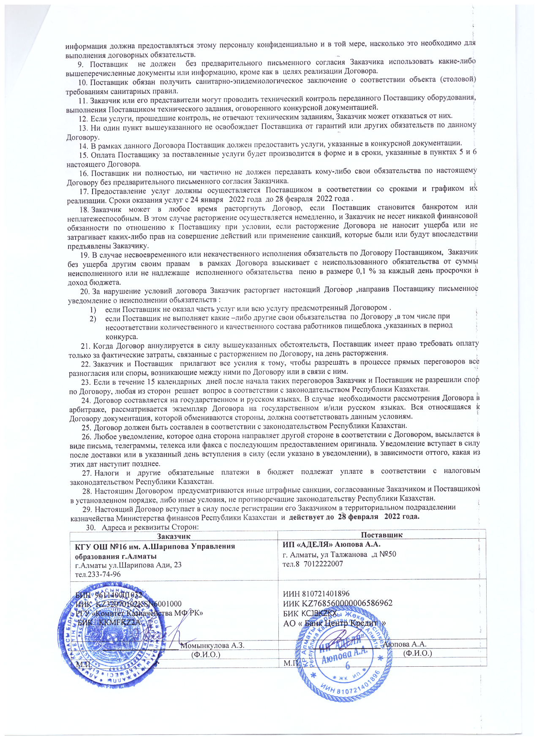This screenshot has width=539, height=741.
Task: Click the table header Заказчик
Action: coord(174,535)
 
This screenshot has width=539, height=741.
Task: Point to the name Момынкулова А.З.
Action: coord(212,645)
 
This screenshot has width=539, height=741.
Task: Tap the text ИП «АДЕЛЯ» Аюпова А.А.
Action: coord(332,544)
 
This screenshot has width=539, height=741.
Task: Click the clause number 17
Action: coord(83,190)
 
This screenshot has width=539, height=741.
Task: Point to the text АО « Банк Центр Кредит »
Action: coord(335,623)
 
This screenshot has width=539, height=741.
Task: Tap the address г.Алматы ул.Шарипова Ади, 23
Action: coord(128,565)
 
